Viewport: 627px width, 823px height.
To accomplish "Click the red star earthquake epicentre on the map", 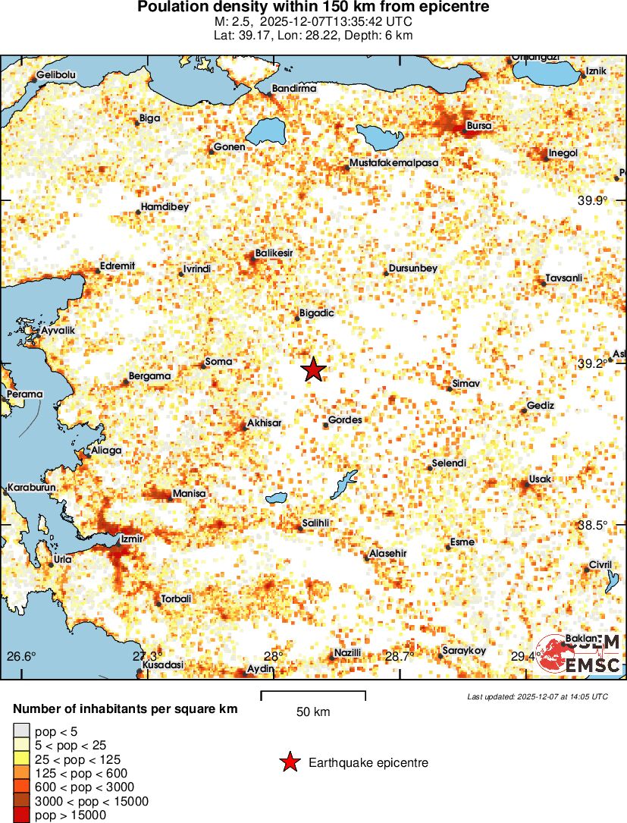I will click(313, 370).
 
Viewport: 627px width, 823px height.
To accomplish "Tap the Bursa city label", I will click(479, 125).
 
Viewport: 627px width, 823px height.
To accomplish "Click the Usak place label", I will click(541, 479).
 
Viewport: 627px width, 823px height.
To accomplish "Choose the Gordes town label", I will click(345, 419).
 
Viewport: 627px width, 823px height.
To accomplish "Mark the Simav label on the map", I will click(466, 385).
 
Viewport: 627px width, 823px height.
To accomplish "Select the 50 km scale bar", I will click(313, 695).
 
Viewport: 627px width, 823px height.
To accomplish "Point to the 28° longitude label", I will click(274, 656).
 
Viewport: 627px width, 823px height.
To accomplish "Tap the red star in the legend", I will click(289, 763).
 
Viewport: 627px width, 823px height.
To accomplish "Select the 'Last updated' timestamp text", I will click(537, 696).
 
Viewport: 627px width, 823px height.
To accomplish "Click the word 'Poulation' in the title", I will click(172, 8).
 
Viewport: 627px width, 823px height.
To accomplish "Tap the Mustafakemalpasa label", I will click(393, 163).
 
